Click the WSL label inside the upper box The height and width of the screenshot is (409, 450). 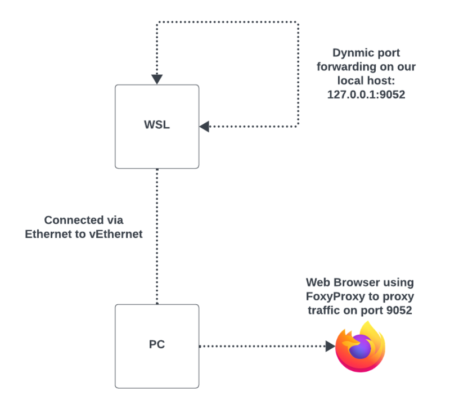157,125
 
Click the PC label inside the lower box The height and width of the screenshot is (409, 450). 157,344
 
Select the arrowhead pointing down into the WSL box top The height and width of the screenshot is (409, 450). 157,79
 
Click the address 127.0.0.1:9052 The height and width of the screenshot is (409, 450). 366,95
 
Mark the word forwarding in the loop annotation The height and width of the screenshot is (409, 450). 349,67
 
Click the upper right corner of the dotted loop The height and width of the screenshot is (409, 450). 298,23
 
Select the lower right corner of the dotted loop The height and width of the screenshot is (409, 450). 298,126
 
